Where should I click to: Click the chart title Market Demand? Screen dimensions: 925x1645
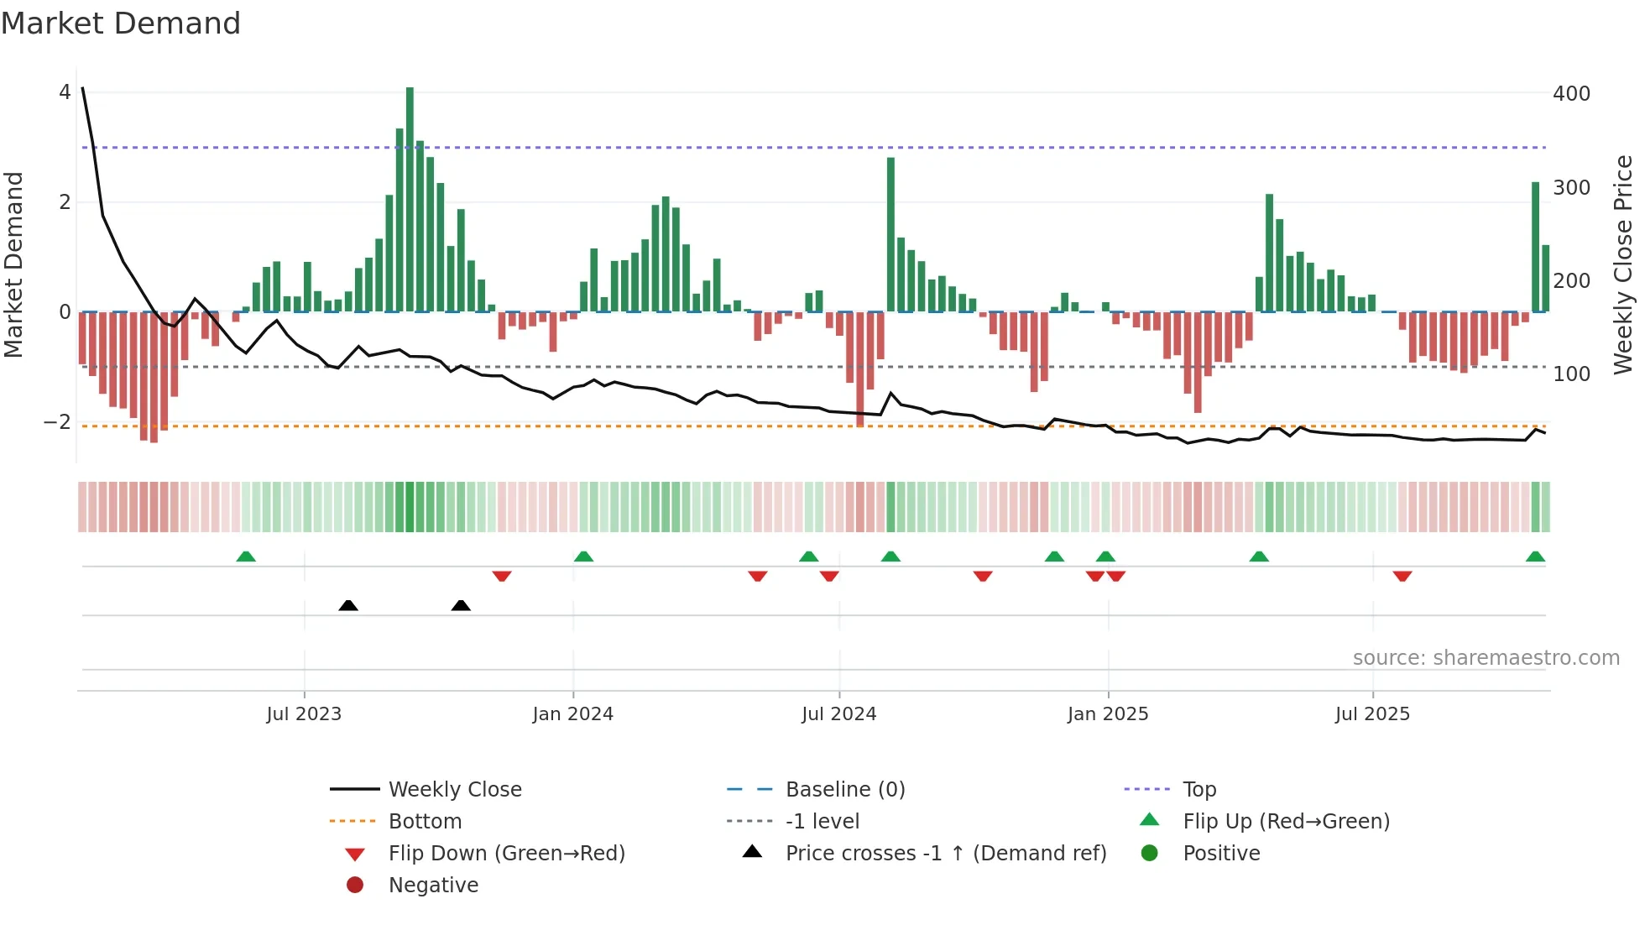tap(121, 24)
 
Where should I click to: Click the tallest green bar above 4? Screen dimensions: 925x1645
tap(410, 199)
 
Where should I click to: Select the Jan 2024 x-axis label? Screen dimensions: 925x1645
tap(572, 714)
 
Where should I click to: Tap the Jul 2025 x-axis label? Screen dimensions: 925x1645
tap(1372, 714)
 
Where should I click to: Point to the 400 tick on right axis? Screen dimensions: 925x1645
tap(1571, 94)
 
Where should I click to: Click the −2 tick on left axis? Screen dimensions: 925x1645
tap(58, 422)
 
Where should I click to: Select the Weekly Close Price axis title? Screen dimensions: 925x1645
tap(1623, 264)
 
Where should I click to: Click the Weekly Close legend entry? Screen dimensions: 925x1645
tap(454, 790)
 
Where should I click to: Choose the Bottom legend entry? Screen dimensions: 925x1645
tap(425, 822)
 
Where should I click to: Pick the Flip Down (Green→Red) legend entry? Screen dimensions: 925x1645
tap(506, 854)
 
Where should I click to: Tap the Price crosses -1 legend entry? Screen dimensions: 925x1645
tap(945, 854)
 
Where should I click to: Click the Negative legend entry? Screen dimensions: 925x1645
tap(433, 886)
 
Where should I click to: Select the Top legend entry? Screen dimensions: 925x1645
tap(1198, 790)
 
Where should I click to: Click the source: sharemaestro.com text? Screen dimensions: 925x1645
tap(1486, 658)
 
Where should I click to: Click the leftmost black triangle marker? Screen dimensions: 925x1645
tap(348, 605)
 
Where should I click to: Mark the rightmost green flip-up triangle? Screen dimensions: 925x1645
tap(1535, 557)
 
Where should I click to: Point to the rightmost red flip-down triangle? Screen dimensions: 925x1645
tap(1402, 576)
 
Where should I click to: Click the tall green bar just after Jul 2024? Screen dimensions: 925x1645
tap(890, 235)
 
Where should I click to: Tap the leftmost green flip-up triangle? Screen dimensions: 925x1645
tap(246, 557)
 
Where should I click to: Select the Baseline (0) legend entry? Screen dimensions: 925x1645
tap(844, 790)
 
